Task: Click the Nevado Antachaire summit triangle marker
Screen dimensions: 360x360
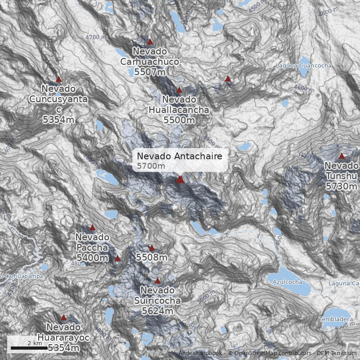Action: point(180,179)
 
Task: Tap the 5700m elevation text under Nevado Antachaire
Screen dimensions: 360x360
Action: point(151,166)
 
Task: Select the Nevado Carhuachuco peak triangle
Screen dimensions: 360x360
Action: point(150,42)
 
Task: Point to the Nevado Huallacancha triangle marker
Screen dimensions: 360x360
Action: point(179,90)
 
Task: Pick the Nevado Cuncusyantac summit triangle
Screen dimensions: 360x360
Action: point(58,79)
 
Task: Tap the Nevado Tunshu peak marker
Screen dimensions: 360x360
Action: point(342,156)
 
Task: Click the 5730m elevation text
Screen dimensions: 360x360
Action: point(341,186)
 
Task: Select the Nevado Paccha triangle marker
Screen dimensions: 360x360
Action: point(93,227)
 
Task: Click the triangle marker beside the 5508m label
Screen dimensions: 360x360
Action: point(152,248)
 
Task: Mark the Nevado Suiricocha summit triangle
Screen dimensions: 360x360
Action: point(157,280)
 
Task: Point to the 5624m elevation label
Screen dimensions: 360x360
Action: point(157,310)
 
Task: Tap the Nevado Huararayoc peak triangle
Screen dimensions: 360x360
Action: point(63,317)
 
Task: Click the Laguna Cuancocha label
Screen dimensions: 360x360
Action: point(303,66)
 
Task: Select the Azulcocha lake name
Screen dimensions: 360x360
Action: point(288,282)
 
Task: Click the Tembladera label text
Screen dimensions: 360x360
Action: point(336,319)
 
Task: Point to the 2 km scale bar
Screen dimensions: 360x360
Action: point(26,348)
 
